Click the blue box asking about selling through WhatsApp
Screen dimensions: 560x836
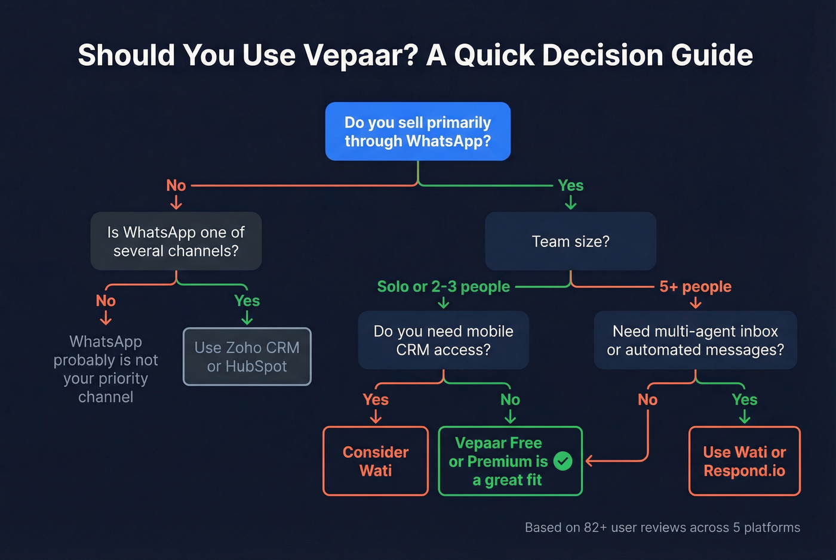417,131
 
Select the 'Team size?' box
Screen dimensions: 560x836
570,241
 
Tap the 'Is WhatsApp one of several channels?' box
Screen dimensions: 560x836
176,241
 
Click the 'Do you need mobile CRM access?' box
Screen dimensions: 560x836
443,340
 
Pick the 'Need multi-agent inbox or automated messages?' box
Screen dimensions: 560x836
695,340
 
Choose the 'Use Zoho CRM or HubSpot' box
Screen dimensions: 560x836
247,357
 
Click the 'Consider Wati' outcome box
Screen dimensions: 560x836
376,461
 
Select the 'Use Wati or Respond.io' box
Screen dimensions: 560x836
744,461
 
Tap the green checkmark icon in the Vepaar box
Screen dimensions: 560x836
563,461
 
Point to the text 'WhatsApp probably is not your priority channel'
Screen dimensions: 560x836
106,369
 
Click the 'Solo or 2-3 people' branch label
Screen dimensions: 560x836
443,286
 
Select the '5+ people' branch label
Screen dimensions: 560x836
695,286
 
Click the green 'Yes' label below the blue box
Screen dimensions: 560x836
570,185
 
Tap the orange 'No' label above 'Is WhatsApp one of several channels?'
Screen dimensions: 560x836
176,185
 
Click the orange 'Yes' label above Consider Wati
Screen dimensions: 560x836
376,400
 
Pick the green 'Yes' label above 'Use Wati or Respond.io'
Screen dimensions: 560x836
744,400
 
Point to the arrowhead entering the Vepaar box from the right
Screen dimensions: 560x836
589,461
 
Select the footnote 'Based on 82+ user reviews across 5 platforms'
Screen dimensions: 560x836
662,527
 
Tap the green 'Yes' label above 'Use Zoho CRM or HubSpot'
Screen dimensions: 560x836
247,301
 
